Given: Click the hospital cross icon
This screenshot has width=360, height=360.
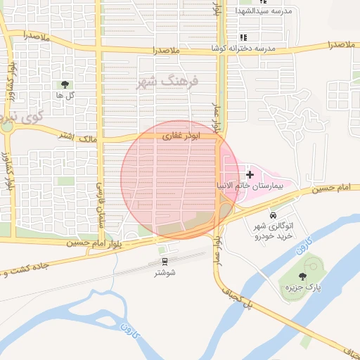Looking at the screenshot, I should point(250,173).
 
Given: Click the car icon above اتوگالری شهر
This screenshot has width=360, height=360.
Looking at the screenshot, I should point(272,214).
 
